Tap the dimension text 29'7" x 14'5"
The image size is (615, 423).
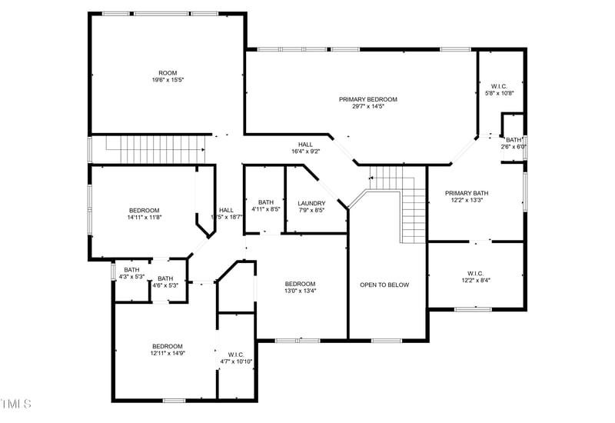368,107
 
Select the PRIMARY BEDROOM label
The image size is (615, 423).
368,99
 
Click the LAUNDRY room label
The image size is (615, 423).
312,203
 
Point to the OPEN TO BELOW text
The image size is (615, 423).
384,285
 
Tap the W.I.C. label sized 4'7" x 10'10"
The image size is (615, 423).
236,355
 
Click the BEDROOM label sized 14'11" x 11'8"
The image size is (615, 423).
144,210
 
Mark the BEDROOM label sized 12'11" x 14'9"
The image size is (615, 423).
167,346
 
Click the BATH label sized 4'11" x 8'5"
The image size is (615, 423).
266,203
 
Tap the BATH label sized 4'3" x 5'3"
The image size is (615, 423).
132,270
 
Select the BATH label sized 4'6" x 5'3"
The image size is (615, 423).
165,278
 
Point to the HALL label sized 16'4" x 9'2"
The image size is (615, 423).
305,144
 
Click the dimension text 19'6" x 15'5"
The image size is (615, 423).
168,79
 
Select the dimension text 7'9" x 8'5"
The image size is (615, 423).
312,210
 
